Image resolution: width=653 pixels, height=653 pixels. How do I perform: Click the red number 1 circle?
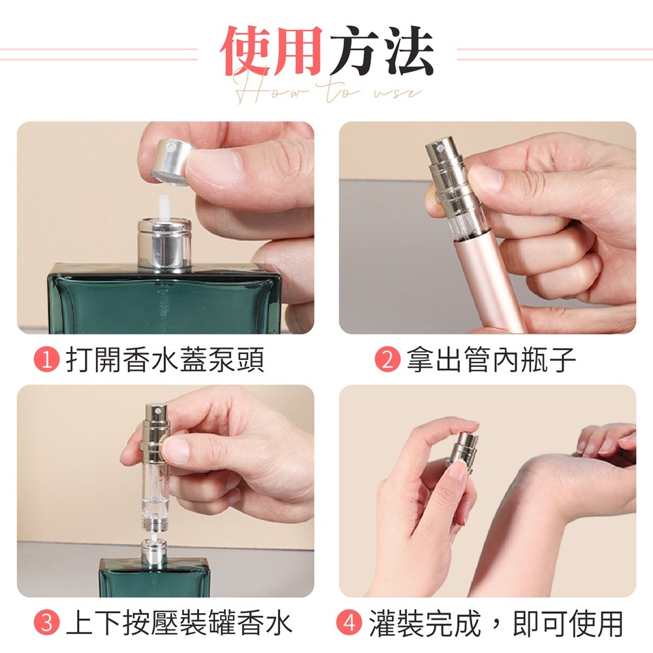(x=46, y=360)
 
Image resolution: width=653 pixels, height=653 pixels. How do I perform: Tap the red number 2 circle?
(x=386, y=360)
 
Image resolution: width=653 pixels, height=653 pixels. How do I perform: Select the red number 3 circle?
(x=46, y=623)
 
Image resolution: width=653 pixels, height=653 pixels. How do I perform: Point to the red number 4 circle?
(x=350, y=623)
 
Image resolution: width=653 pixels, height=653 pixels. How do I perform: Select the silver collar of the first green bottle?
(x=164, y=244)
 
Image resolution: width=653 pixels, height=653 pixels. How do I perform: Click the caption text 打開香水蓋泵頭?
(x=166, y=360)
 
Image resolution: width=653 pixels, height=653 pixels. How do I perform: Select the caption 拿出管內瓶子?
(x=491, y=360)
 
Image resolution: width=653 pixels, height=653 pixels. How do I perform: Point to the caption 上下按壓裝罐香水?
(x=179, y=623)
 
